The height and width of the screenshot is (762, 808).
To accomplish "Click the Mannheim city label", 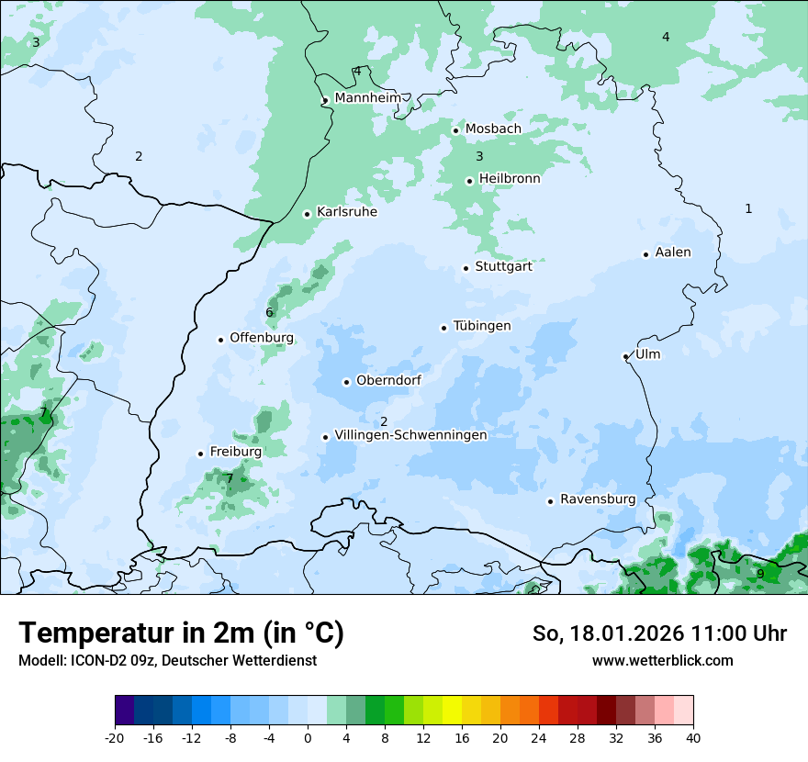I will click(367, 97).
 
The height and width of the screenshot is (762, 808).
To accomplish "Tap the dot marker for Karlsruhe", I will click(308, 214).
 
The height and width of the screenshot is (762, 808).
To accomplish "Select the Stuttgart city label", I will click(503, 266).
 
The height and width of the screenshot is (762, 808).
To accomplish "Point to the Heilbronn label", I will click(510, 178).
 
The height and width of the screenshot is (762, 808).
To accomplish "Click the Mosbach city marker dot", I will click(455, 130).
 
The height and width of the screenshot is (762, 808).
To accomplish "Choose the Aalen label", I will click(673, 252).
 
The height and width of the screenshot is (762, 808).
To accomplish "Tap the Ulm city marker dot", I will click(626, 356).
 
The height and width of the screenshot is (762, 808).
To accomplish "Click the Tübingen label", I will click(482, 326).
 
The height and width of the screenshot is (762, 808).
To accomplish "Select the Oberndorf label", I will click(388, 380).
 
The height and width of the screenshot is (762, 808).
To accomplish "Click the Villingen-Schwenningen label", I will click(410, 435).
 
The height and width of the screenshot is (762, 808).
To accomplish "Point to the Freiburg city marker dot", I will click(200, 454).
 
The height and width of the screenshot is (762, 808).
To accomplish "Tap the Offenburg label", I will click(262, 337).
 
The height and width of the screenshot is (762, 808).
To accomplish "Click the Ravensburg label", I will click(598, 499).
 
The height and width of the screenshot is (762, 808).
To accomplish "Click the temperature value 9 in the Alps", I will click(760, 574).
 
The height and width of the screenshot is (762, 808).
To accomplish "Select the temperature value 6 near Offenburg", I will click(269, 312).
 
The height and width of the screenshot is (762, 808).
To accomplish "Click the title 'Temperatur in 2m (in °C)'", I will click(181, 633).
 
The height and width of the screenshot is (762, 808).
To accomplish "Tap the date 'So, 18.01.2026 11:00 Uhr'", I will click(659, 633).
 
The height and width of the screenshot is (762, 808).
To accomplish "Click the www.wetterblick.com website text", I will click(662, 660).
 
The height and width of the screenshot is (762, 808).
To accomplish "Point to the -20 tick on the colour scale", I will click(115, 738).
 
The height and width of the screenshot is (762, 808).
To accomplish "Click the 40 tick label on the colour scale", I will click(693, 738).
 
